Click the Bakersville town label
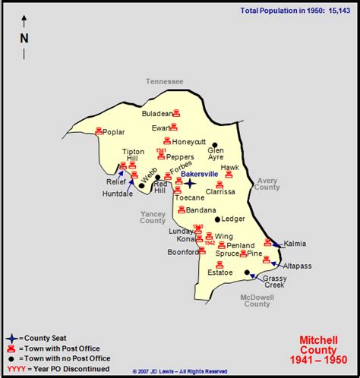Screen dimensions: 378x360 point(199,174)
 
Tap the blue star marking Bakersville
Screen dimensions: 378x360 point(190,183)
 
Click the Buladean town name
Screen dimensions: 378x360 point(157,113)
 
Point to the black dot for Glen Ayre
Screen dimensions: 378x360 point(215,144)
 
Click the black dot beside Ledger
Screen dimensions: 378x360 point(217,219)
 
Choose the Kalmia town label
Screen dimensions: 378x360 point(295,244)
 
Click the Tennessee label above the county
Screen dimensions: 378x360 point(165,81)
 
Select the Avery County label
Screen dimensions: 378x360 point(267,184)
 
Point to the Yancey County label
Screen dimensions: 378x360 point(153,217)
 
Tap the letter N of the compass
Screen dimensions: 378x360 point(24,38)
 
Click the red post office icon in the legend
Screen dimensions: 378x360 point(11,348)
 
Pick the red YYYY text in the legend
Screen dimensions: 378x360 point(15,368)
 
